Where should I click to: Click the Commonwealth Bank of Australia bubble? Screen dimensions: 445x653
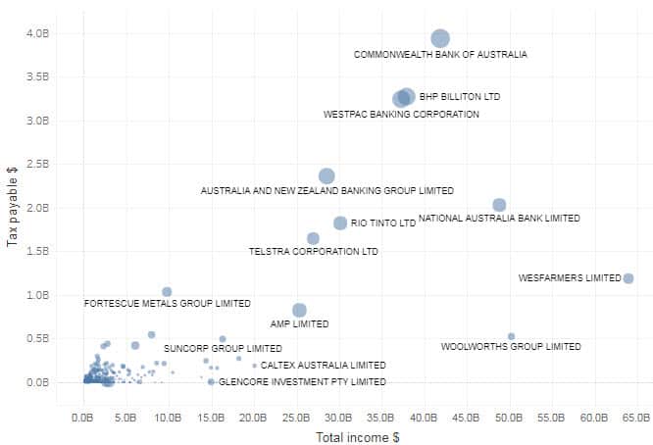(440, 38)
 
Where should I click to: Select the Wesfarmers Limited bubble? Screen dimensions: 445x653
(628, 278)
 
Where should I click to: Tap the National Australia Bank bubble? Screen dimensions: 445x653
(499, 205)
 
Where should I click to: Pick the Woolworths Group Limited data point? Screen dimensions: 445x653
(511, 336)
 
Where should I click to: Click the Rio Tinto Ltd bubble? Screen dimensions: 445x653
(340, 223)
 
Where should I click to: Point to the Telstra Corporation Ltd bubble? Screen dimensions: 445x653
(313, 238)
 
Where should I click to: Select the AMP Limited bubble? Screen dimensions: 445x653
(299, 311)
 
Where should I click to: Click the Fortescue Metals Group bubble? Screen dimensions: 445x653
(167, 292)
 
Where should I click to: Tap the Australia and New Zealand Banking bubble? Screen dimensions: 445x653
(326, 176)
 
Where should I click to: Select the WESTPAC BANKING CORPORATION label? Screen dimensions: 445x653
(401, 115)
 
